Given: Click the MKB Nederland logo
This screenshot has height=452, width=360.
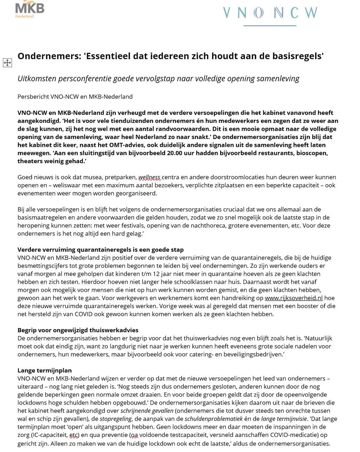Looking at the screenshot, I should click(x=29, y=9).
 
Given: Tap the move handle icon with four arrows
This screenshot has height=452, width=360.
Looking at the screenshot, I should click(x=7, y=63).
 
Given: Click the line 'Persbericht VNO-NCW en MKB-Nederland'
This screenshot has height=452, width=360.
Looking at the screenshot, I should click(x=75, y=97).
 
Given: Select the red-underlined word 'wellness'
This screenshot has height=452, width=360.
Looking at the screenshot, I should click(x=150, y=177).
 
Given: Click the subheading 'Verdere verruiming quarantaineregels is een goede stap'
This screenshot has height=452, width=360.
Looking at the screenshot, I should click(x=101, y=250).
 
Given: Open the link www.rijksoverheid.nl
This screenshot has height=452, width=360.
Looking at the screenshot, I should click(x=294, y=298).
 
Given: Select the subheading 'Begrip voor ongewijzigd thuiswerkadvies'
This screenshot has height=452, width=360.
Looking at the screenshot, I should click(x=78, y=330).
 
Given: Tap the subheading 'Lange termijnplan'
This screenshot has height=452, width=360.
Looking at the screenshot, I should click(x=44, y=371).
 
